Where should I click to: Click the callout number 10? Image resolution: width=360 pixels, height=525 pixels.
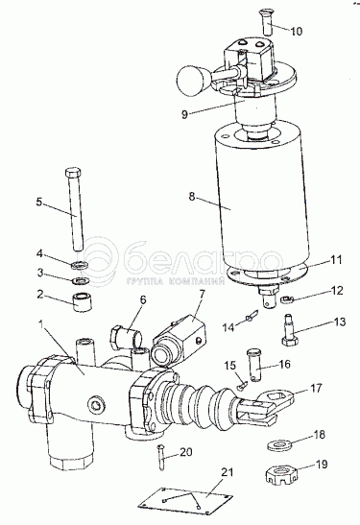[x=296, y=31]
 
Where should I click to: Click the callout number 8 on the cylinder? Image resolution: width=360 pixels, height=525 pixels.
[x=192, y=197]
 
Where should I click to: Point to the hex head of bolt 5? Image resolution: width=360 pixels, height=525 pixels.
[x=72, y=174]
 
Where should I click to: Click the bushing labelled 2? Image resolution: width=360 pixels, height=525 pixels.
[x=83, y=301]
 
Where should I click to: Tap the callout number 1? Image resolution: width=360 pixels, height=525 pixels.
[x=41, y=324]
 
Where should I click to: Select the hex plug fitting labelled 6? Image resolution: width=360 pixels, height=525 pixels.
[x=126, y=337]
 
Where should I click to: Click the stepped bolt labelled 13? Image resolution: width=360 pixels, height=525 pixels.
[x=289, y=330]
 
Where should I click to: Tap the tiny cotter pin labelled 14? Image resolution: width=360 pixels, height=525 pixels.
[x=252, y=316]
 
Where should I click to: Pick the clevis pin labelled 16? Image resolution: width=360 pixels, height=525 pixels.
[x=255, y=366]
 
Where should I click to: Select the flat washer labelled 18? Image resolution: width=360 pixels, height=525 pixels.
[x=279, y=445]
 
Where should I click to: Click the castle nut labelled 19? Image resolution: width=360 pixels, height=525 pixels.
[x=281, y=473]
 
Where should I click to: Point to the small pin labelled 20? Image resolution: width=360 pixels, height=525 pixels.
[x=161, y=457]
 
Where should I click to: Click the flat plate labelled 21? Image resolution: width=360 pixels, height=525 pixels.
[x=185, y=501]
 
